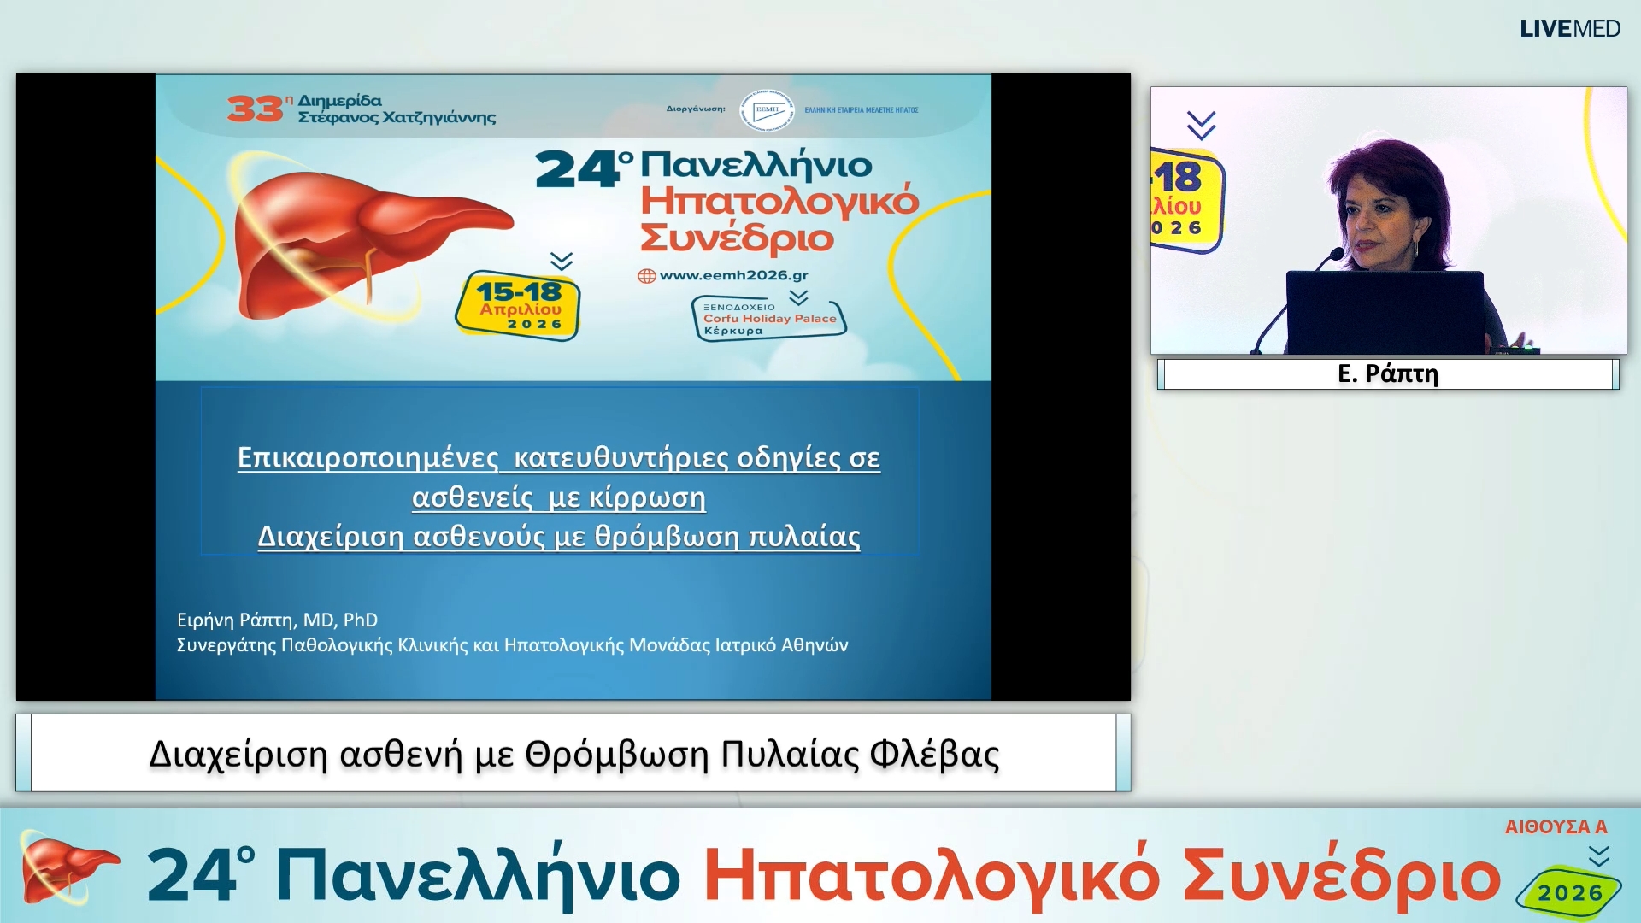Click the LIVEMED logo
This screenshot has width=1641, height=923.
[x=1569, y=29]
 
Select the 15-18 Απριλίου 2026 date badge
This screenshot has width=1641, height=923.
[x=519, y=306]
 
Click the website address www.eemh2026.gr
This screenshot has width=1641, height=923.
[x=733, y=275]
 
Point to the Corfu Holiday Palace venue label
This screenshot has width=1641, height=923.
[x=768, y=319]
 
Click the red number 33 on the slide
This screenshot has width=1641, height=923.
[x=254, y=109]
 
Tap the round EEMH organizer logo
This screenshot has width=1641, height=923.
[x=767, y=110]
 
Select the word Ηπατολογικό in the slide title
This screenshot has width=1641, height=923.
[x=779, y=202]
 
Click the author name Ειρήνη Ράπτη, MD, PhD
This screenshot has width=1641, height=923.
[x=277, y=620]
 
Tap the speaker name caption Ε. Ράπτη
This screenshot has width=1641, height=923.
[x=1387, y=374]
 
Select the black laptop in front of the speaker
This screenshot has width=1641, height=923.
[x=1385, y=312]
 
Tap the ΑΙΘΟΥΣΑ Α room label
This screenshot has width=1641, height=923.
[x=1556, y=826]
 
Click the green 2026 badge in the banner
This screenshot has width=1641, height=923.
[x=1569, y=893]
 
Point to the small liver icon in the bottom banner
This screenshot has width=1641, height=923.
[x=64, y=870]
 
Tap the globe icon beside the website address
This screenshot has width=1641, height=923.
[x=647, y=276]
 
